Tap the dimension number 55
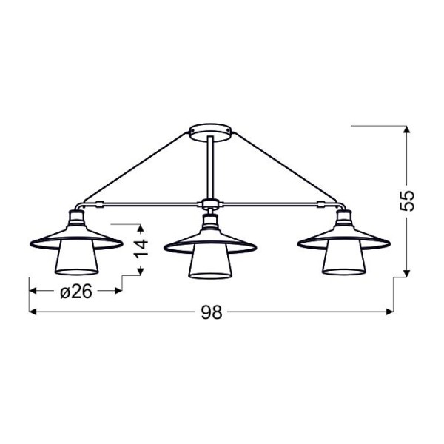(x=408, y=201)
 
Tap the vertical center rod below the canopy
(x=211, y=166)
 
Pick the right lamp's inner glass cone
(x=343, y=263)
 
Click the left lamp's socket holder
(x=76, y=219)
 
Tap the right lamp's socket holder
(x=343, y=218)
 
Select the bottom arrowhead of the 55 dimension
(x=407, y=271)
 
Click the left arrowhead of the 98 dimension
(x=33, y=311)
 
